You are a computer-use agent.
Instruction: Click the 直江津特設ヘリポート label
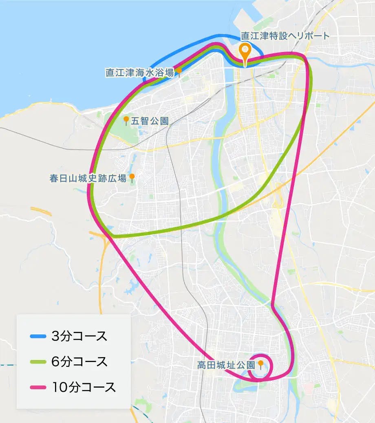coord(285,36)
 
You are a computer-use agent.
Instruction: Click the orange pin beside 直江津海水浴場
coord(179,71)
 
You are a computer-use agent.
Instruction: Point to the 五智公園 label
coord(150,121)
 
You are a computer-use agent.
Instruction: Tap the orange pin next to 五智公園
coord(126,120)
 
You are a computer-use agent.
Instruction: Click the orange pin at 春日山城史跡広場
coord(132,177)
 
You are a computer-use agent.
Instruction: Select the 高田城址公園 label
coord(226,365)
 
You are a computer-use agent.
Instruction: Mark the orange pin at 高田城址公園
coord(260,364)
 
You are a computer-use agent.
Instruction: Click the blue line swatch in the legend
coord(38,336)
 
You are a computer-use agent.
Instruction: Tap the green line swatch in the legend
coord(38,362)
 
